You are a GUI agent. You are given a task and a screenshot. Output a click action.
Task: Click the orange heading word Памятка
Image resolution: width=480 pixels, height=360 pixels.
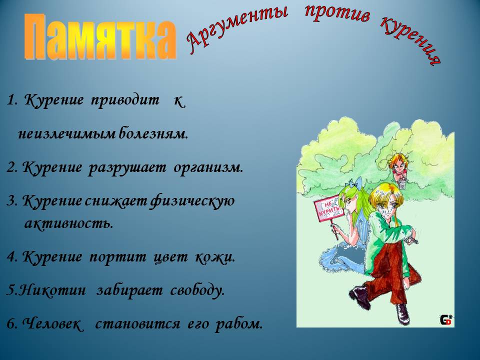coord(100,37)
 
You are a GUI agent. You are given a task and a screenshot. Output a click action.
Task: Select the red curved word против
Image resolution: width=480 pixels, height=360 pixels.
coord(337,14)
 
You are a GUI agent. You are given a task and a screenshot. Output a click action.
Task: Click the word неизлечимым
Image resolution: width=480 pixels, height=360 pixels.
coord(66,134)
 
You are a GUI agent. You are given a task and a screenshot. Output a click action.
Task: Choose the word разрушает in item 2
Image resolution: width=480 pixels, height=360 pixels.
coord(127,168)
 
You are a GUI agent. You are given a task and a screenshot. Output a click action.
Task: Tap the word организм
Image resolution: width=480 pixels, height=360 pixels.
coord(208,168)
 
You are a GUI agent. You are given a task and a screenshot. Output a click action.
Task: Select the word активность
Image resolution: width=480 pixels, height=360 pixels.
coord(68,223)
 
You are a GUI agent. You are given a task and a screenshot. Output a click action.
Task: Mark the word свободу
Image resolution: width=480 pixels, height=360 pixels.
coord(197,290)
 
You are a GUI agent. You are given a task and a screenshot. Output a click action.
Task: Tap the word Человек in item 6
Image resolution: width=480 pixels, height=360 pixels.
coord(52,323)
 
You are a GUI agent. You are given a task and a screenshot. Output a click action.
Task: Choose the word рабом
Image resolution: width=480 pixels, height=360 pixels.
coord(239,324)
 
